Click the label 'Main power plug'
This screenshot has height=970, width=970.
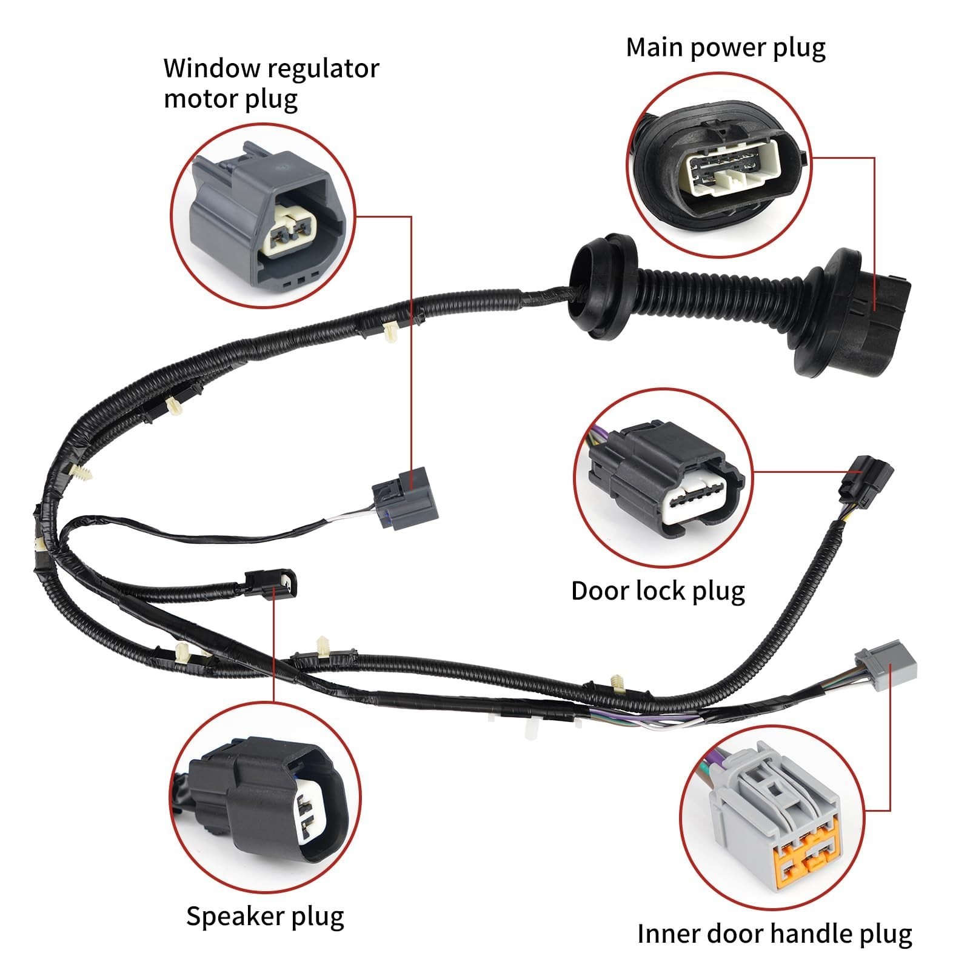click(x=725, y=48)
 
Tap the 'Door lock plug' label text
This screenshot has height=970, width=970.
click(x=658, y=590)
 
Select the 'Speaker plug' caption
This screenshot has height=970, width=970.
click(x=265, y=917)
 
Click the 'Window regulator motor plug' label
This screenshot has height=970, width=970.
click(x=271, y=84)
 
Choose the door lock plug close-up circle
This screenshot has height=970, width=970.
click(x=663, y=478)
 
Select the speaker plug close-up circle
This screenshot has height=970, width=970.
click(x=265, y=798)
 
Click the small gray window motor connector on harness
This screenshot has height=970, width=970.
click(x=397, y=498)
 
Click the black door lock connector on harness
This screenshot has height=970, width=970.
click(x=866, y=477)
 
